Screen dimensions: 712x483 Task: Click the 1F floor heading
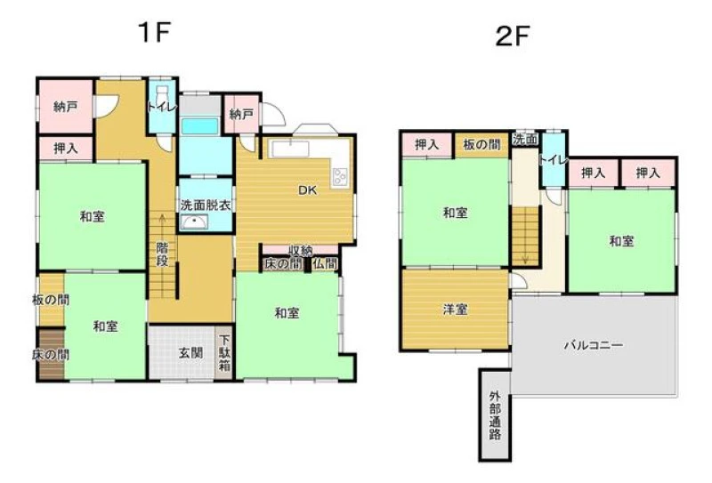point(155,32)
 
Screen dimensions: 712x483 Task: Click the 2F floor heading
point(513,36)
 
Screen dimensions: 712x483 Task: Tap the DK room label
point(307,190)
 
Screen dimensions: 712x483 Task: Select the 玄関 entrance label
point(190,353)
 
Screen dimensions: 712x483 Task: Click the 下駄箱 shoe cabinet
point(224,353)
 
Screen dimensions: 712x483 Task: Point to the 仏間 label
point(325,263)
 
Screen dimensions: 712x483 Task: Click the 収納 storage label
point(301,250)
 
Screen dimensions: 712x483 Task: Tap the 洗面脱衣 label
point(206,205)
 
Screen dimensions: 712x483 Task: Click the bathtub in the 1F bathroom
point(199,125)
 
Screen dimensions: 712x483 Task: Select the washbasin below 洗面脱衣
point(194,222)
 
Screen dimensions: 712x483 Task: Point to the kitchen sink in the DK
point(289,149)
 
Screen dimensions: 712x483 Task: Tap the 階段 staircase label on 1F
point(162,254)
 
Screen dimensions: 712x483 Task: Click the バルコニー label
point(594,345)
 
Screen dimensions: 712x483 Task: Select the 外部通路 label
point(495,415)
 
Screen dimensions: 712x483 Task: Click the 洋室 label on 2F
point(456,310)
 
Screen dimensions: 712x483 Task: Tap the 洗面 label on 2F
point(525,140)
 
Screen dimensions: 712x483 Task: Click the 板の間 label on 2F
point(481,145)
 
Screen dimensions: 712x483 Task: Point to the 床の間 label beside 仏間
point(282,263)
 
